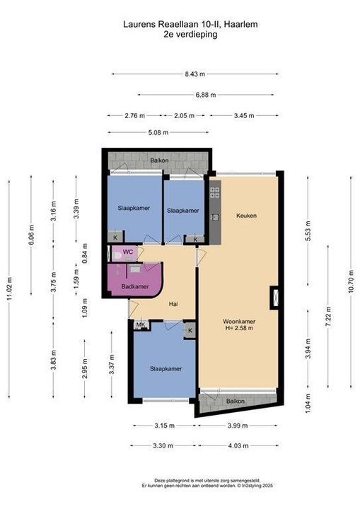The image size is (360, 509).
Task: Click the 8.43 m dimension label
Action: coord(195,74)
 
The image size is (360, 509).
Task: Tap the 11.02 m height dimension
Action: coord(9,288)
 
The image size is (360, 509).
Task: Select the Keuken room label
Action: coord(246,216)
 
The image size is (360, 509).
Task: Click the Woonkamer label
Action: coord(239,322)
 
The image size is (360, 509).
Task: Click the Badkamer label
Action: coord(135,286)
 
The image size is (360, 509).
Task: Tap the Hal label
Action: coord(173,304)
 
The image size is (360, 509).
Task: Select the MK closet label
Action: coord(140,324)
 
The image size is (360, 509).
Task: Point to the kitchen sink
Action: coord(215,217)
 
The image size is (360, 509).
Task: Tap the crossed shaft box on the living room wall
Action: coord(275,298)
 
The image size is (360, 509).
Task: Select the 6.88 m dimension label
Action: coord(206,95)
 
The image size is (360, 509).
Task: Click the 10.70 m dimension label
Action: coord(351,281)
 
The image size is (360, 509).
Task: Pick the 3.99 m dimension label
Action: coord(238,426)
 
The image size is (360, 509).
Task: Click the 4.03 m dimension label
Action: coord(238,445)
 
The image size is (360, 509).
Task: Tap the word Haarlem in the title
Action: coord(241,24)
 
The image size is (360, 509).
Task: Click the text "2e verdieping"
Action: coord(190,35)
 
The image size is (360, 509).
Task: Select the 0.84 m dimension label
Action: coord(85,253)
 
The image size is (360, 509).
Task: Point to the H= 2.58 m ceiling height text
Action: coord(239,328)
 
